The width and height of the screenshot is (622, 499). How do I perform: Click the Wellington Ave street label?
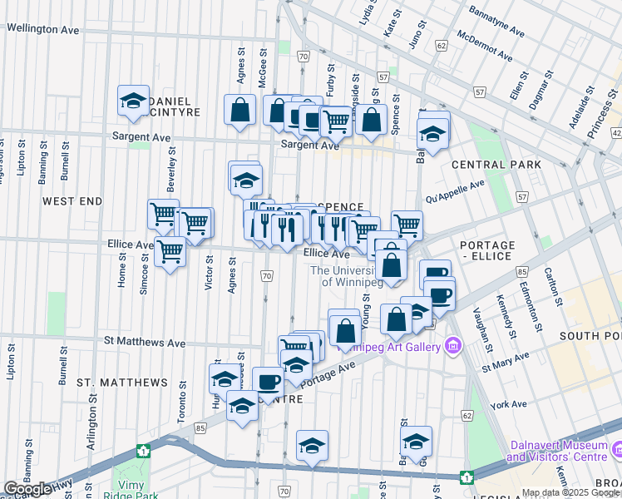pos(43,28)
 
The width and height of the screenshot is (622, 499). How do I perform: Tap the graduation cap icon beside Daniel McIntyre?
pos(133,101)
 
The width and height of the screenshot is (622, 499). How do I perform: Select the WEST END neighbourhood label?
pos(72,201)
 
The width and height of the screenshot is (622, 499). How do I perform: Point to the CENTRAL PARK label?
pos(496,165)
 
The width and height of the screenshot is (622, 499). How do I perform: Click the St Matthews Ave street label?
pos(145,342)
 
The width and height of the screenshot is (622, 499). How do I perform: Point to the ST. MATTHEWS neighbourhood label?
pos(122,383)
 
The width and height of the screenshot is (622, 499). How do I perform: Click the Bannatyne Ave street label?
pos(496,22)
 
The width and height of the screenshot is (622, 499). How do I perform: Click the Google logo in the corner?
pos(27,489)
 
